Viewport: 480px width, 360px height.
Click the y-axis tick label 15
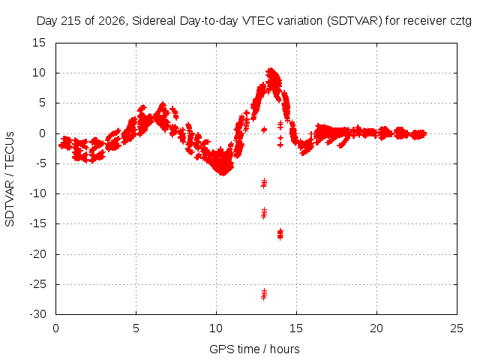(x=39, y=43)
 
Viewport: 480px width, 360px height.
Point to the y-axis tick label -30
(x=37, y=314)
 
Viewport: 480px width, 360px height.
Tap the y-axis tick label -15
(x=37, y=223)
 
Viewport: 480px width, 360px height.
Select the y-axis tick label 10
(x=39, y=73)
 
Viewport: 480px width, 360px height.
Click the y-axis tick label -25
(x=37, y=284)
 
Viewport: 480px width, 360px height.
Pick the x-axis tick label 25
(x=457, y=328)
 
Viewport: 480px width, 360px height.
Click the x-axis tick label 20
(x=376, y=328)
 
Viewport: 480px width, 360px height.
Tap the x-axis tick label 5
(x=136, y=328)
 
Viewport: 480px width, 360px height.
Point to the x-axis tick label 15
(x=296, y=328)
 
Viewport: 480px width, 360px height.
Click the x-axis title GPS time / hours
(x=254, y=349)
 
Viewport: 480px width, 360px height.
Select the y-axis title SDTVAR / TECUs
(x=10, y=179)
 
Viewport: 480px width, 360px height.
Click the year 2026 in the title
(x=112, y=21)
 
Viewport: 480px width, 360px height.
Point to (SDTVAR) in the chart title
(x=355, y=21)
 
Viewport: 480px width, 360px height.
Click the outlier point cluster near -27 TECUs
(x=264, y=294)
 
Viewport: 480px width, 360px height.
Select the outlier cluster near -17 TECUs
(x=280, y=234)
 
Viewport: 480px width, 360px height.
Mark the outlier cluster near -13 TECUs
(x=264, y=213)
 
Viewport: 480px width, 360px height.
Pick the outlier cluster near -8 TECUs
(x=264, y=183)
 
